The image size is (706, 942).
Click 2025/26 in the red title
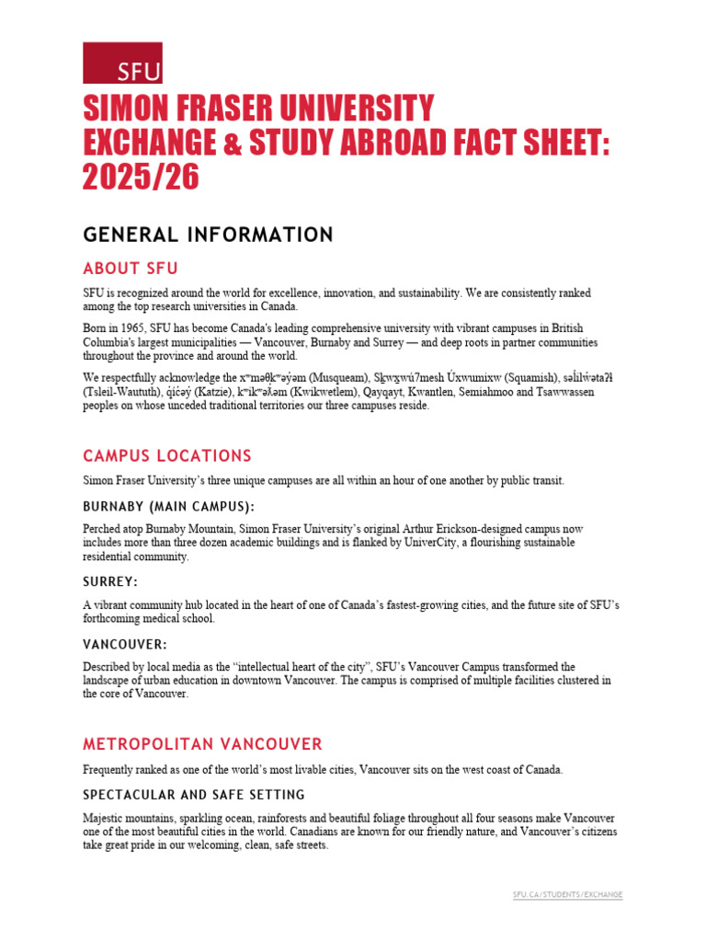(141, 178)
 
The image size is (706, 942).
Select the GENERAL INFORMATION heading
(208, 235)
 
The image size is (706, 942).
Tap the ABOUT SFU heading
(131, 269)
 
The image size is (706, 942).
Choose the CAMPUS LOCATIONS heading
(167, 456)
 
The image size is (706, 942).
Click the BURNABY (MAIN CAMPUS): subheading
(169, 507)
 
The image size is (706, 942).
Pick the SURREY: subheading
(110, 582)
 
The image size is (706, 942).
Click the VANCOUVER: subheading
(125, 645)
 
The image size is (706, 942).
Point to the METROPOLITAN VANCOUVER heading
(203, 743)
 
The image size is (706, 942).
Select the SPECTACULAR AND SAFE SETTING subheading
(194, 794)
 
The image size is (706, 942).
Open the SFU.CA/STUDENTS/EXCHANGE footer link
(567, 895)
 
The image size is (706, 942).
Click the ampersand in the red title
(237, 144)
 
